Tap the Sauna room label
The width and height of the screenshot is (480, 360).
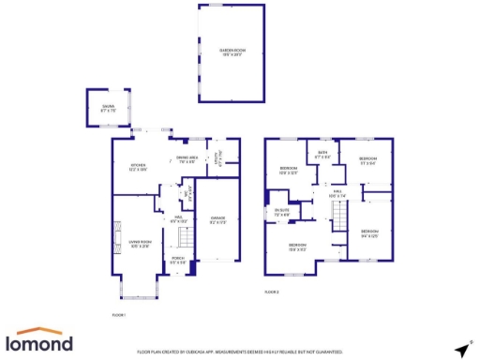coord(108,109)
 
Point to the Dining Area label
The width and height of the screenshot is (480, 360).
coord(187,159)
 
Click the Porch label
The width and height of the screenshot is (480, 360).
coord(178,262)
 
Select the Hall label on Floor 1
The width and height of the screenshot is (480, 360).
coord(175,218)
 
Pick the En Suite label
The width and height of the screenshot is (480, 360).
coord(281,212)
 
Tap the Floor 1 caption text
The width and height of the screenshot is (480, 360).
coord(118,314)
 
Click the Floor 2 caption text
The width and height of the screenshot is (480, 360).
coord(272,292)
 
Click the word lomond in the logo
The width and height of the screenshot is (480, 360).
coord(41,344)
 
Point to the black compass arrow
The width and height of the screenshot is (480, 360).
coord(461,348)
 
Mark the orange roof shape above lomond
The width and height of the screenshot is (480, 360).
coord(41,331)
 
